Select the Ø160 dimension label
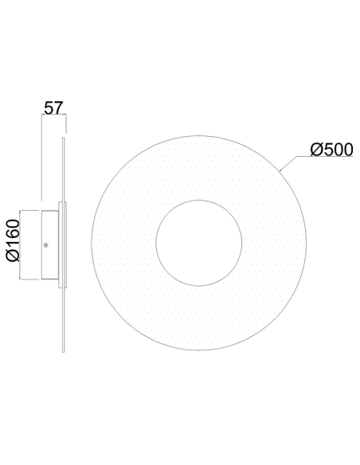(13, 244)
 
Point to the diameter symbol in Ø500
(315, 150)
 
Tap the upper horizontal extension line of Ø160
(30, 209)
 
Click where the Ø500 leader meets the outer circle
(280, 171)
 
